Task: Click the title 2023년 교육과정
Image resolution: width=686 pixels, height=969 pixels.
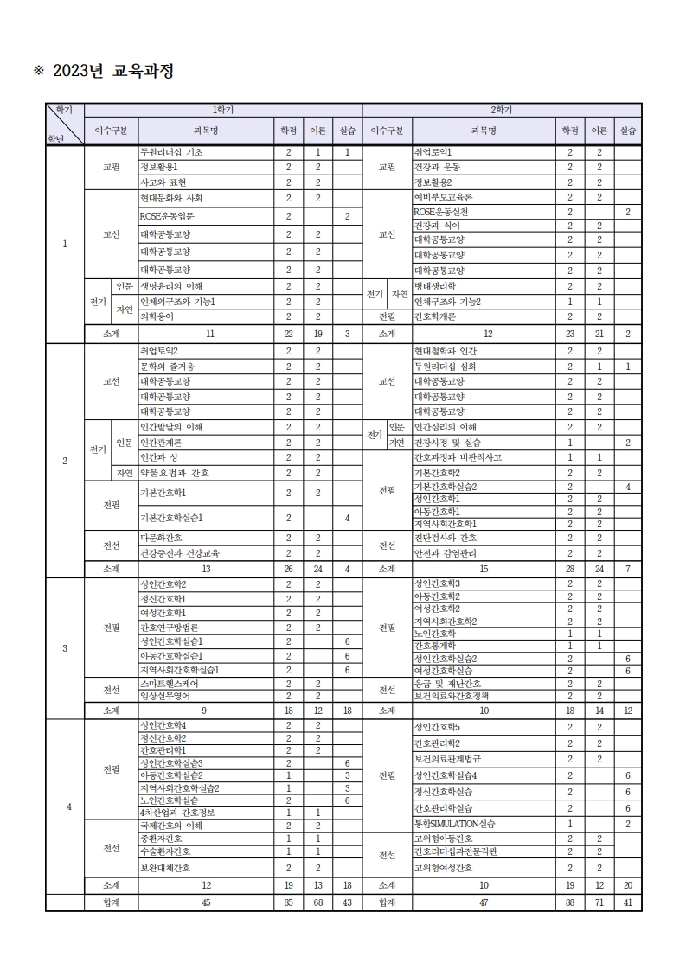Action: click(103, 72)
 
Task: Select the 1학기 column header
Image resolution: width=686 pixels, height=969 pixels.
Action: click(223, 110)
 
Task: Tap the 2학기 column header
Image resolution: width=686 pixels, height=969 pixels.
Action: click(502, 110)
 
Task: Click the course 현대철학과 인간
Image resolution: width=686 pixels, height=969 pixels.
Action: click(446, 351)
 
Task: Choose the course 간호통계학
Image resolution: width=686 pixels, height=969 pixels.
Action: click(436, 645)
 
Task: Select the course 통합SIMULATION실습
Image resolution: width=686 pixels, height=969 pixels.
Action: click(455, 824)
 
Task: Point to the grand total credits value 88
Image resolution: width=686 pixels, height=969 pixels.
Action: click(570, 902)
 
